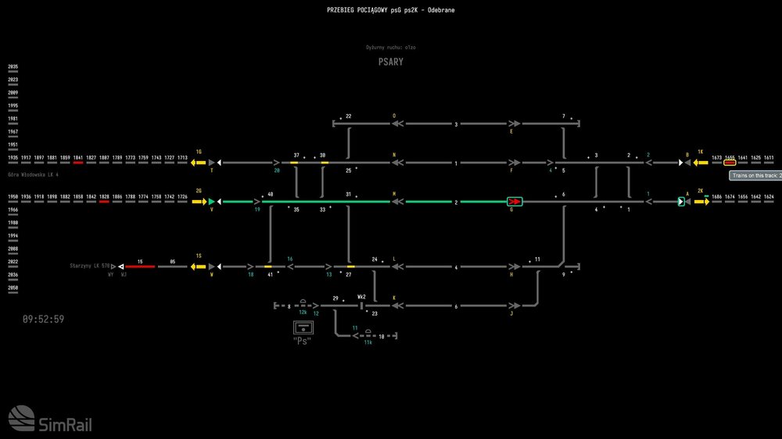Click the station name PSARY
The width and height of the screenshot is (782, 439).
391,62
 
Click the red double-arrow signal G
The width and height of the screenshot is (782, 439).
515,202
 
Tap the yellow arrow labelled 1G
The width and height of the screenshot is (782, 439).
199,162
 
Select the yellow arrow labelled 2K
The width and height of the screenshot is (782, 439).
701,202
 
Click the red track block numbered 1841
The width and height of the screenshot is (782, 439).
78,162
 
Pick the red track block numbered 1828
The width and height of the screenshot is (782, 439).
104,202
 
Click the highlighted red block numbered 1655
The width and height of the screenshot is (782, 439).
729,162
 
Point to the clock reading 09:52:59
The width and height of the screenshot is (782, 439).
43,319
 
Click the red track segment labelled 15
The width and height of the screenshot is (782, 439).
140,266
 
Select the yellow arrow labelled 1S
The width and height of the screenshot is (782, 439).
199,266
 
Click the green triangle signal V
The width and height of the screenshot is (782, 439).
211,202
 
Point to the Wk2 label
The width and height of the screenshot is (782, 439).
362,297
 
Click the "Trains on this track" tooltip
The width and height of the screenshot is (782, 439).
755,176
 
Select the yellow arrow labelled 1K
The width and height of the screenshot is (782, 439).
701,162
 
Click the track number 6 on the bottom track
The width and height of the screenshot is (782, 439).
456,305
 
